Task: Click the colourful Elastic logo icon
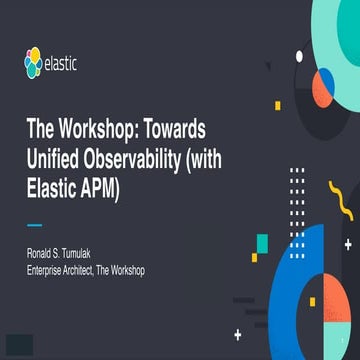click(x=34, y=66)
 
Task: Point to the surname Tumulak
click(x=96, y=255)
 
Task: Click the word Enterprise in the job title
click(x=49, y=270)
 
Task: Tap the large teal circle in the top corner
click(x=335, y=25)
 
